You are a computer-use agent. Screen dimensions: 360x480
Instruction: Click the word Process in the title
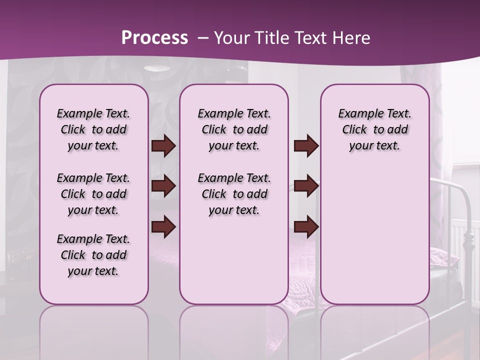coord(154,38)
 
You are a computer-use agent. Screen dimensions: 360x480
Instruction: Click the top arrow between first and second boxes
coord(163,146)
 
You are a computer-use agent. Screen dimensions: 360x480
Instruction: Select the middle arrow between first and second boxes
coord(163,186)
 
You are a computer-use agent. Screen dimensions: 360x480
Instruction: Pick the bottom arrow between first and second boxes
coord(163,226)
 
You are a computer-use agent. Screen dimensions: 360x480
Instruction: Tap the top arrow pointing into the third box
coord(306,146)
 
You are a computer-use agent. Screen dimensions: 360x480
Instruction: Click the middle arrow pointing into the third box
coord(306,186)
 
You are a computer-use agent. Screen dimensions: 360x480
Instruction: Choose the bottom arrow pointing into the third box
coord(306,226)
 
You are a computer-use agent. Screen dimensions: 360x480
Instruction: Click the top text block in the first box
coord(93,129)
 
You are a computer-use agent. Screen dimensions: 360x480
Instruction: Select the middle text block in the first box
coord(93,194)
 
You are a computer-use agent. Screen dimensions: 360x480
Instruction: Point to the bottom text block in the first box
coord(93,255)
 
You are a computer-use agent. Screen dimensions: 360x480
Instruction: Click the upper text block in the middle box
coord(234,129)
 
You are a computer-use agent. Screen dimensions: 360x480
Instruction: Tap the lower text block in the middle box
coord(234,194)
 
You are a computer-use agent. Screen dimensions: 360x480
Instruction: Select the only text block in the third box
coord(374,129)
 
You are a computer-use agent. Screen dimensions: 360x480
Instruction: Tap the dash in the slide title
coord(203,38)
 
